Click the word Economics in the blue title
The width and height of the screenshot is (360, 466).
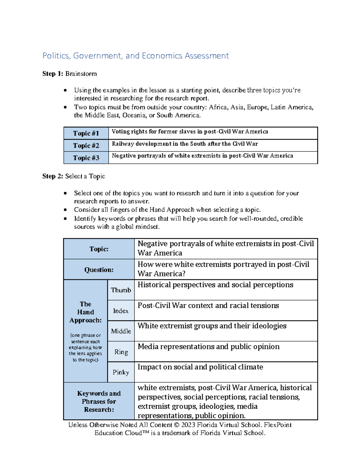pyautogui.click(x=162, y=56)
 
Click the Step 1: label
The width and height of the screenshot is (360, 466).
pyautogui.click(x=53, y=74)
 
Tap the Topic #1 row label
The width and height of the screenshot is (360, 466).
pyautogui.click(x=86, y=133)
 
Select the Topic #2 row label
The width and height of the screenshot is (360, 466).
pyautogui.click(x=86, y=146)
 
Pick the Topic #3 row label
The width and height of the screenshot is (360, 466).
pyautogui.click(x=86, y=158)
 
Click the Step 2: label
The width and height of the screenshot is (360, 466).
pyautogui.click(x=53, y=176)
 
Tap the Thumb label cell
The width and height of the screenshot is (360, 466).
pyautogui.click(x=121, y=290)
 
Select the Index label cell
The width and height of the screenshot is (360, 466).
pyautogui.click(x=121, y=311)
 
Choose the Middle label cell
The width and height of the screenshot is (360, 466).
pyautogui.click(x=121, y=331)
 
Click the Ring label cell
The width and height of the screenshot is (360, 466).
pyautogui.click(x=121, y=352)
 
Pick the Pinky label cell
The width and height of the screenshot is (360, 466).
pyautogui.click(x=121, y=372)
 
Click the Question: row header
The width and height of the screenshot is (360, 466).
pyautogui.click(x=99, y=270)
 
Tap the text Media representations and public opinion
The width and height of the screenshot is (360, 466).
pyautogui.click(x=208, y=347)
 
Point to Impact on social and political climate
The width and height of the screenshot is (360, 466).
pyautogui.click(x=200, y=367)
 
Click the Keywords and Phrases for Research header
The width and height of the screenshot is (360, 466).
pyautogui.click(x=99, y=401)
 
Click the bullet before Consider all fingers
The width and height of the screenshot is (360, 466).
pyautogui.click(x=65, y=210)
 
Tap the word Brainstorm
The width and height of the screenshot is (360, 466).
pyautogui.click(x=81, y=74)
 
